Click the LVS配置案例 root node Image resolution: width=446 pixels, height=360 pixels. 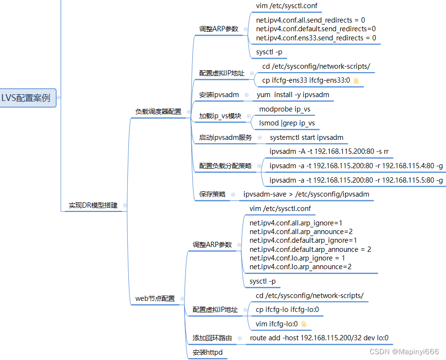[x=26, y=98]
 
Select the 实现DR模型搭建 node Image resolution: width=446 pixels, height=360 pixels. [x=93, y=205]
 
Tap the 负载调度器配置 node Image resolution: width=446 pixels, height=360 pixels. [x=158, y=112]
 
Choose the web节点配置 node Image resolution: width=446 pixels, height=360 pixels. [x=155, y=298]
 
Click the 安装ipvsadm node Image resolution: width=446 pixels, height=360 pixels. [x=219, y=95]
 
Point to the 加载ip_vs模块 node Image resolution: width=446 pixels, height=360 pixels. [x=220, y=116]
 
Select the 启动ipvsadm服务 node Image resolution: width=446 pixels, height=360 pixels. [x=225, y=137]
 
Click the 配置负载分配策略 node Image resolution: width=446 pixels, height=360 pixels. [x=225, y=166]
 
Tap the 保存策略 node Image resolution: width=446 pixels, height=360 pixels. [x=212, y=194]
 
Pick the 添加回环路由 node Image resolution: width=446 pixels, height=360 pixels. [x=212, y=338]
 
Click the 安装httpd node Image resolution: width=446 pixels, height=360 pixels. [x=208, y=352]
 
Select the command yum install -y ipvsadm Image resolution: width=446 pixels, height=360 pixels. [x=293, y=95]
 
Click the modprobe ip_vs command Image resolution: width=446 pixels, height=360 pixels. [x=285, y=109]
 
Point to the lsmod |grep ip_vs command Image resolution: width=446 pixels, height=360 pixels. [x=287, y=123]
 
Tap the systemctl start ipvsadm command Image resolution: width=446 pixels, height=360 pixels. [x=306, y=137]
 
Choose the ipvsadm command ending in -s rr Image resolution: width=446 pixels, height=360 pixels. [x=329, y=151]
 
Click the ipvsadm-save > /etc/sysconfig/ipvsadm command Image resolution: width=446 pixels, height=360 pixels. [x=306, y=194]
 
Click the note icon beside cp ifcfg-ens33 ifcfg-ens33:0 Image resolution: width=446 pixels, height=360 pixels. [x=356, y=81]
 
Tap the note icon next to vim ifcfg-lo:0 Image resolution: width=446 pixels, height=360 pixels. [x=304, y=324]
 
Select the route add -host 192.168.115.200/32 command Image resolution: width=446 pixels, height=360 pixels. [x=319, y=338]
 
